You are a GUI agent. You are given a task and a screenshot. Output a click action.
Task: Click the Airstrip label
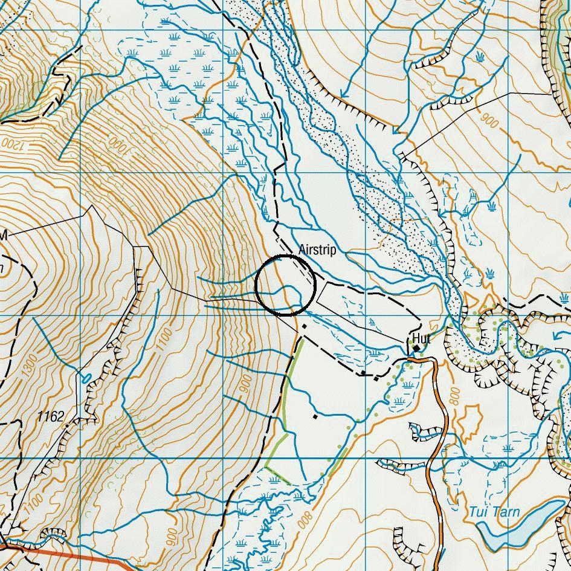[x=317, y=250]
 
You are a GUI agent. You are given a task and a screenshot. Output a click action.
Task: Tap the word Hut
[x=421, y=338]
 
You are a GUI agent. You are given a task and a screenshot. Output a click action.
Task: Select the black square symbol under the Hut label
[x=416, y=348]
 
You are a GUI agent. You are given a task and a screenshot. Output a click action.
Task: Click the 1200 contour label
[x=10, y=144]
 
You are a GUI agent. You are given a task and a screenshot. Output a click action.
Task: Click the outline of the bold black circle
[x=256, y=285]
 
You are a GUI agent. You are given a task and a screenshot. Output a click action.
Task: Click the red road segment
[x=73, y=556]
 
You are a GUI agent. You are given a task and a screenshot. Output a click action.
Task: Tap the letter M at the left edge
[x=3, y=236]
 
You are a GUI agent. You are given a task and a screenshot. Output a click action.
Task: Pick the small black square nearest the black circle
[x=305, y=326]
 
